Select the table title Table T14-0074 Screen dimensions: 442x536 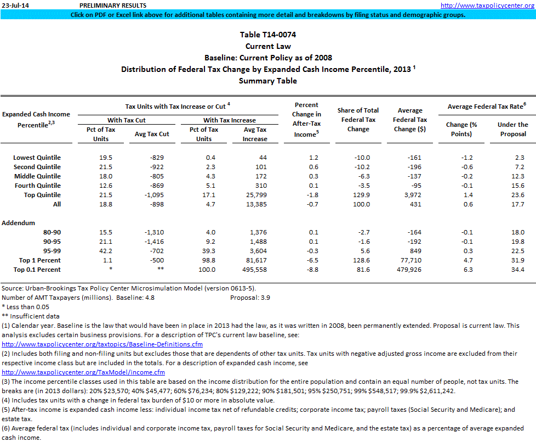tap(268, 35)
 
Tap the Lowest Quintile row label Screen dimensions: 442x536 tap(37, 158)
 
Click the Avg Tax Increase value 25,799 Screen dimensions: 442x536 tap(255, 195)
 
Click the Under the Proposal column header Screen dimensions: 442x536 tap(512, 129)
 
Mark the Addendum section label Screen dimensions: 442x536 tap(19, 223)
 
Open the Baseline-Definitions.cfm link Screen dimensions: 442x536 tap(102, 344)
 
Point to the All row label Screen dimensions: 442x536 tap(57, 204)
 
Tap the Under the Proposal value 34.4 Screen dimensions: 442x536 tap(517, 270)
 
